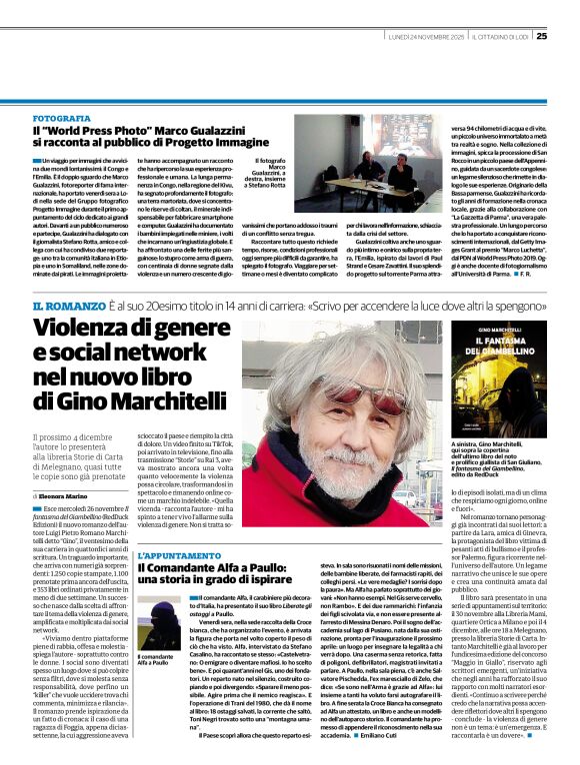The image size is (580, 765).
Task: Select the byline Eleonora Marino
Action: click(x=65, y=495)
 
